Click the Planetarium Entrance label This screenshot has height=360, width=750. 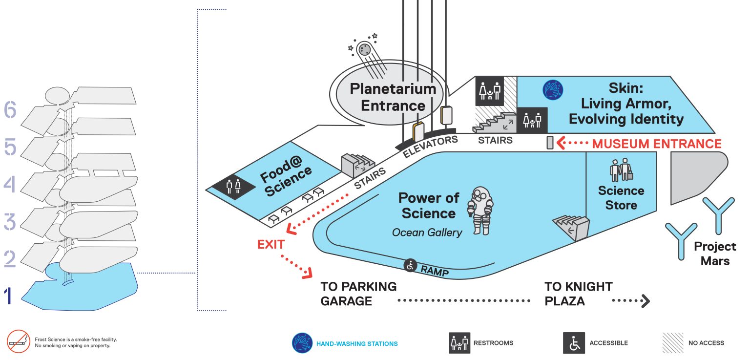tap(393, 97)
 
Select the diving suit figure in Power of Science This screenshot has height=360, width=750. tap(480, 211)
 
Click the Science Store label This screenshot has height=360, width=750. tap(621, 197)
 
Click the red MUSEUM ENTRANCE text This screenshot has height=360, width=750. tap(657, 144)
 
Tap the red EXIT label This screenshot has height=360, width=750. tap(271, 244)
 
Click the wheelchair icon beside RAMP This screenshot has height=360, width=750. tap(410, 266)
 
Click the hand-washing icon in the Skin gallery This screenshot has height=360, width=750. tap(553, 90)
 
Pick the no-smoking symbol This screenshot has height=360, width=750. tap(19, 341)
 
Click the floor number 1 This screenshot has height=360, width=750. tap(8, 296)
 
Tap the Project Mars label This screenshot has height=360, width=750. tap(715, 254)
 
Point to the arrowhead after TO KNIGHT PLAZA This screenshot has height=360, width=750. tap(646, 301)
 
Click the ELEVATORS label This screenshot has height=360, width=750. tap(430, 147)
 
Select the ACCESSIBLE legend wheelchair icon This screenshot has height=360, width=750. tap(574, 343)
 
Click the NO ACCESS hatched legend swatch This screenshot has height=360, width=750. tap(673, 343)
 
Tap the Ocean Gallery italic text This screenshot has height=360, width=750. tap(427, 233)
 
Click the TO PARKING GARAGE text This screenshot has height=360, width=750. tap(358, 294)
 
